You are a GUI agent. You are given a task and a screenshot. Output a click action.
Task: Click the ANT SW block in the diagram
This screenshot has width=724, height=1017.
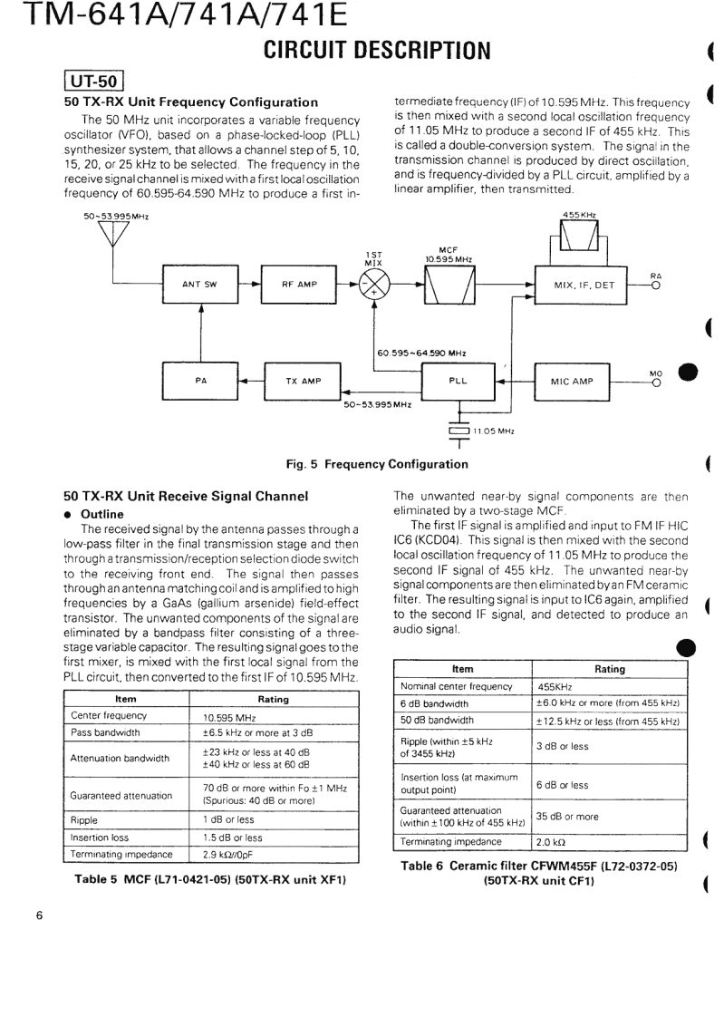click(x=200, y=285)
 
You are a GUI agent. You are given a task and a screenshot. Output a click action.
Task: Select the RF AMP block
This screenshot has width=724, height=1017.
click(x=299, y=285)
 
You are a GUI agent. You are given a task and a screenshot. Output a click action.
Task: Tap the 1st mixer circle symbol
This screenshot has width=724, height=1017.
click(x=373, y=285)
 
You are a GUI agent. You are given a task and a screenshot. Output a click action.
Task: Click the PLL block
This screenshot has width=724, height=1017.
click(x=459, y=382)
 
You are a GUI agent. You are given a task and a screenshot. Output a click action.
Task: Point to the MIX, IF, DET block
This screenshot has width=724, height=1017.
click(x=584, y=285)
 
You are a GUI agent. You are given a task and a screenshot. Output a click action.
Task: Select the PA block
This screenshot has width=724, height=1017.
click(x=200, y=382)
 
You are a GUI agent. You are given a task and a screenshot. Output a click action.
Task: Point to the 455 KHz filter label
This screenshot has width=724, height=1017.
click(x=579, y=214)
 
